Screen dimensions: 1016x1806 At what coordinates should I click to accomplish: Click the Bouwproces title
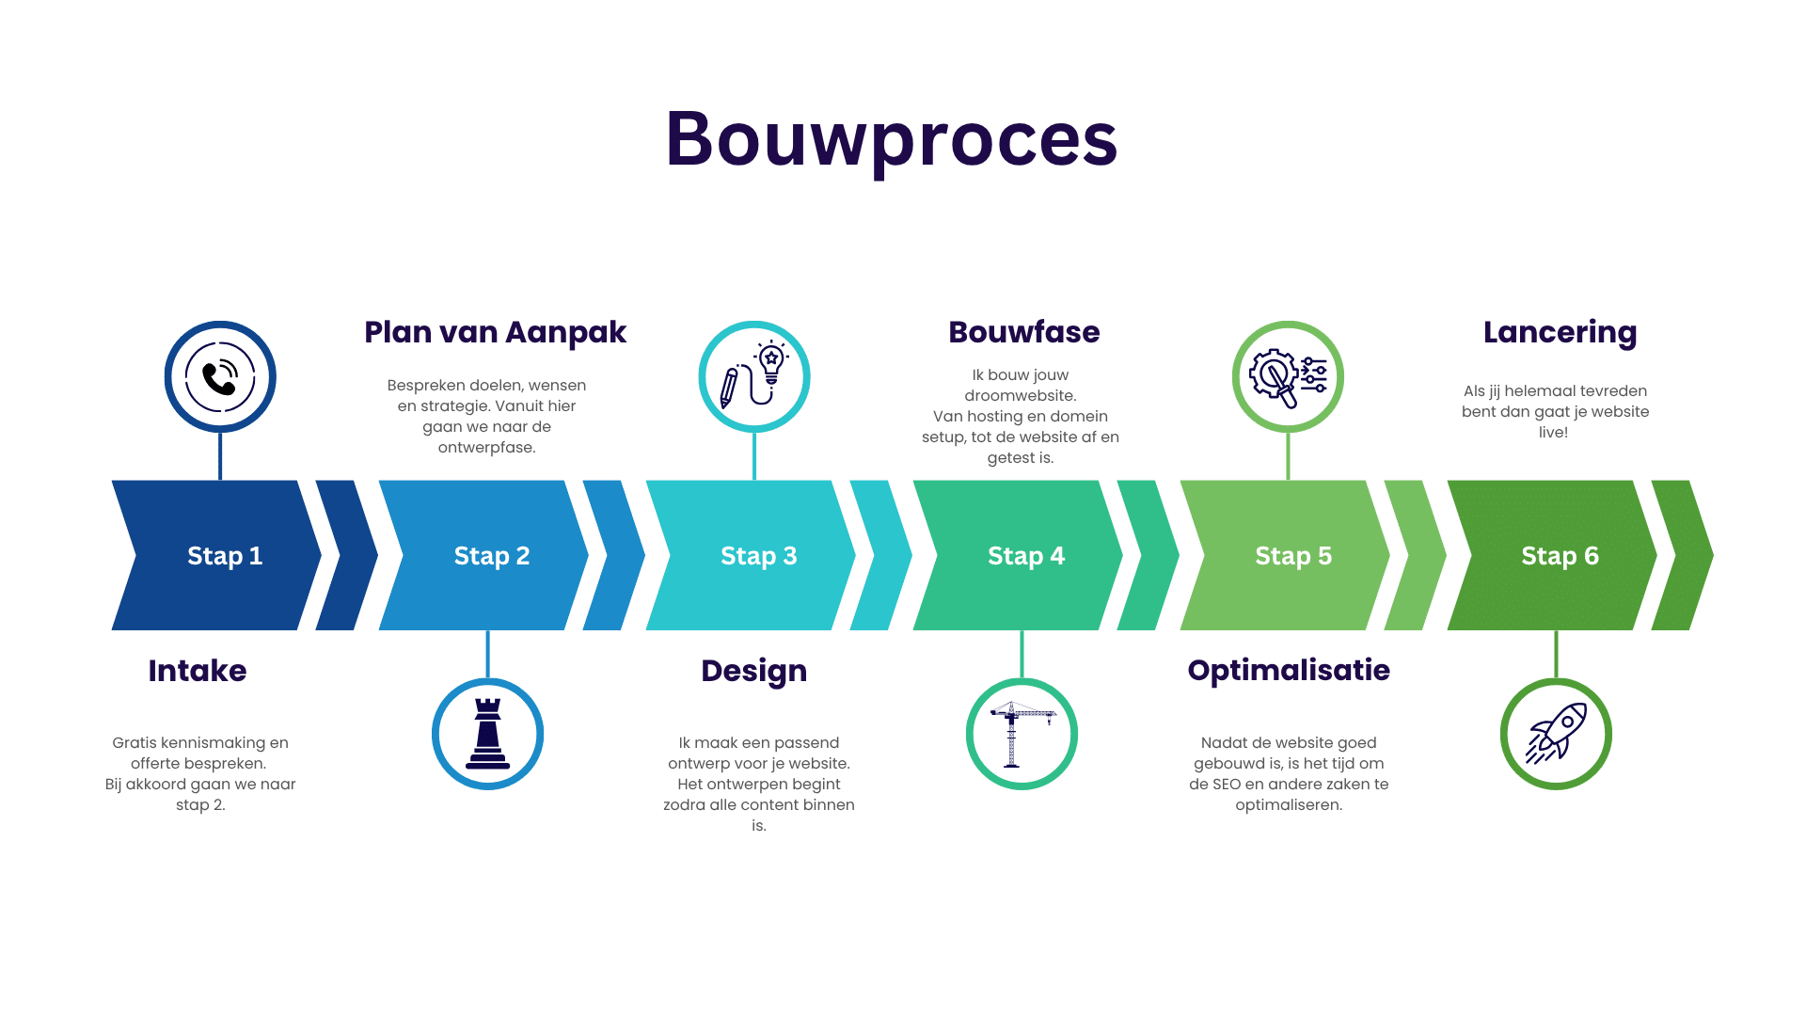point(891,139)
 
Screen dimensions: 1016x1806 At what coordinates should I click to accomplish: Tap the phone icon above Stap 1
point(220,377)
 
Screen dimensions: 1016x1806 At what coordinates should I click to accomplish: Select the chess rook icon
point(487,734)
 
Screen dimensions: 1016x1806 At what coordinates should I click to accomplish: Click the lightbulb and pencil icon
point(753,377)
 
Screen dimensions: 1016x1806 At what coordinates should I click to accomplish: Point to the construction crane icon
point(1022,734)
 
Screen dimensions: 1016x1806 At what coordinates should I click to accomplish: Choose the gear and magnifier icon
point(1288,377)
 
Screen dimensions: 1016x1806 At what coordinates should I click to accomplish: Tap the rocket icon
point(1556,734)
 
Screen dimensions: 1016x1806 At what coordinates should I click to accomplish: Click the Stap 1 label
point(225,556)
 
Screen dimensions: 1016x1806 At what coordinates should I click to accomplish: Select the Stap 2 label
point(492,556)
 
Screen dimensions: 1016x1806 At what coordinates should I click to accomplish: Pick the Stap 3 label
point(759,556)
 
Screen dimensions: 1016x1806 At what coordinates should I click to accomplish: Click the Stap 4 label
point(1026,556)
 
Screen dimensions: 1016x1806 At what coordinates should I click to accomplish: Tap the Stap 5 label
point(1293,556)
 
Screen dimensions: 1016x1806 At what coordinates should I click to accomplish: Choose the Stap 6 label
point(1560,556)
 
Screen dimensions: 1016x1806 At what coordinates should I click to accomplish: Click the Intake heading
point(198,671)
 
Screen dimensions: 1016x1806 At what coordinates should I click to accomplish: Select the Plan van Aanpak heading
point(496,332)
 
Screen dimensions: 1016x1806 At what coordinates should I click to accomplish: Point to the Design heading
point(754,671)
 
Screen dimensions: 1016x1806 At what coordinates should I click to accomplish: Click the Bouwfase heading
point(1024,332)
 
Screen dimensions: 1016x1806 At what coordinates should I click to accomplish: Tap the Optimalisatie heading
point(1289,671)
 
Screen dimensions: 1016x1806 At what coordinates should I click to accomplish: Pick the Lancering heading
point(1560,332)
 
